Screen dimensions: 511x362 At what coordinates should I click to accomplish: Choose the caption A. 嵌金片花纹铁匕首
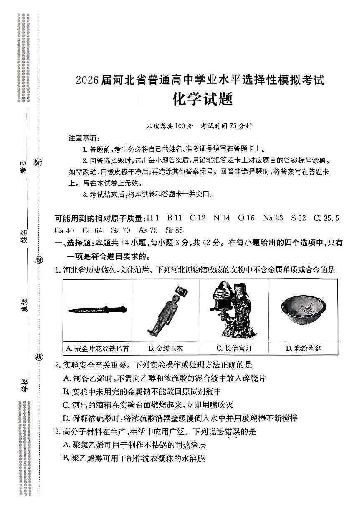click(98, 348)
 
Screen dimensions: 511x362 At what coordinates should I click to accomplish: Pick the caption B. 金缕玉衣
click(166, 348)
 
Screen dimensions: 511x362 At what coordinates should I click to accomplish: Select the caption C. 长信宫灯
click(234, 348)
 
